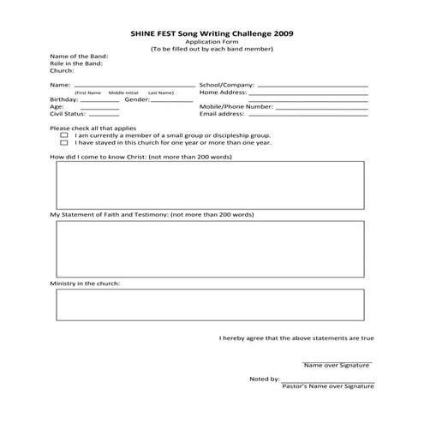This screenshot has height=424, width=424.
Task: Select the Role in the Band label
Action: coord(76,64)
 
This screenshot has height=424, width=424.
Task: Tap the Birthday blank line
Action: coord(100,101)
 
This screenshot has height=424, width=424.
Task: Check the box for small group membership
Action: coord(64,135)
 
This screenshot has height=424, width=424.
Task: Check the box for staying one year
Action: coord(64,143)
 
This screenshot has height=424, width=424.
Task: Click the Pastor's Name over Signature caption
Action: coord(328,387)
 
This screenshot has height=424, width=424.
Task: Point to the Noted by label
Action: coord(264,379)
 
